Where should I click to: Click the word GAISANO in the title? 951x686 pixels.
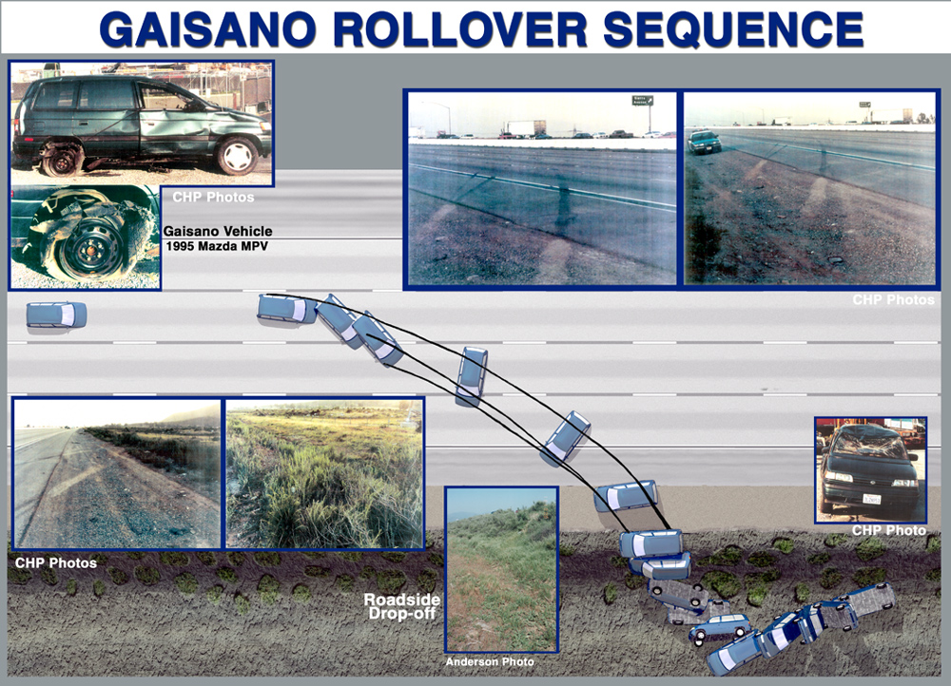pyautogui.click(x=207, y=29)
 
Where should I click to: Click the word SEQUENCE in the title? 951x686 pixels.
pyautogui.click(x=733, y=29)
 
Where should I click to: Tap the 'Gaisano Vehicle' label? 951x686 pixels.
pyautogui.click(x=218, y=231)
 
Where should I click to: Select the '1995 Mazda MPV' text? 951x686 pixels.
pyautogui.click(x=217, y=247)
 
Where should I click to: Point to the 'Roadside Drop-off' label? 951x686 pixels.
pyautogui.click(x=401, y=606)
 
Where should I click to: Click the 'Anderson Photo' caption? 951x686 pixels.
pyautogui.click(x=490, y=661)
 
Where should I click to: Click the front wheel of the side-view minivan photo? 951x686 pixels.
pyautogui.click(x=237, y=155)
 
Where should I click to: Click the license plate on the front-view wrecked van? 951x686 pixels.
pyautogui.click(x=872, y=499)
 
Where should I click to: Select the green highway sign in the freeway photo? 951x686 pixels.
pyautogui.click(x=642, y=100)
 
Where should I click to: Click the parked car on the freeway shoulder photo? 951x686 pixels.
pyautogui.click(x=704, y=142)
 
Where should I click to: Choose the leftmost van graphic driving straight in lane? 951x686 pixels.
pyautogui.click(x=56, y=315)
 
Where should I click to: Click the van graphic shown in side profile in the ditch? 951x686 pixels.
pyautogui.click(x=719, y=628)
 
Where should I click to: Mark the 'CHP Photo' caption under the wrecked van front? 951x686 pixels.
pyautogui.click(x=888, y=530)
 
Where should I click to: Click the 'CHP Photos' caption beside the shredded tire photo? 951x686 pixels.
pyautogui.click(x=213, y=197)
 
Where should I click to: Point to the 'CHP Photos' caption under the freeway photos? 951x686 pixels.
pyautogui.click(x=893, y=299)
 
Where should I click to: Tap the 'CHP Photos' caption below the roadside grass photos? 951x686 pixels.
pyautogui.click(x=56, y=563)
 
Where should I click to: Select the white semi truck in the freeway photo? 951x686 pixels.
pyautogui.click(x=523, y=128)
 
